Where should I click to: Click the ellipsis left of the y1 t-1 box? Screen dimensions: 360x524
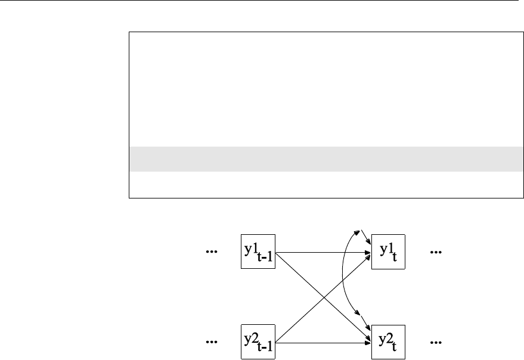click(211, 253)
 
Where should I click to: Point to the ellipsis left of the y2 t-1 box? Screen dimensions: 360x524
click(211, 343)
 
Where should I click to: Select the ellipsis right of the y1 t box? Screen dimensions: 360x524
click(436, 253)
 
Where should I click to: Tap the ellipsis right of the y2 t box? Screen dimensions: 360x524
click(436, 343)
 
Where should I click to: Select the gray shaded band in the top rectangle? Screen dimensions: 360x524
click(322, 159)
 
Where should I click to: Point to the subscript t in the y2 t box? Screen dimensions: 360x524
click(395, 347)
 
